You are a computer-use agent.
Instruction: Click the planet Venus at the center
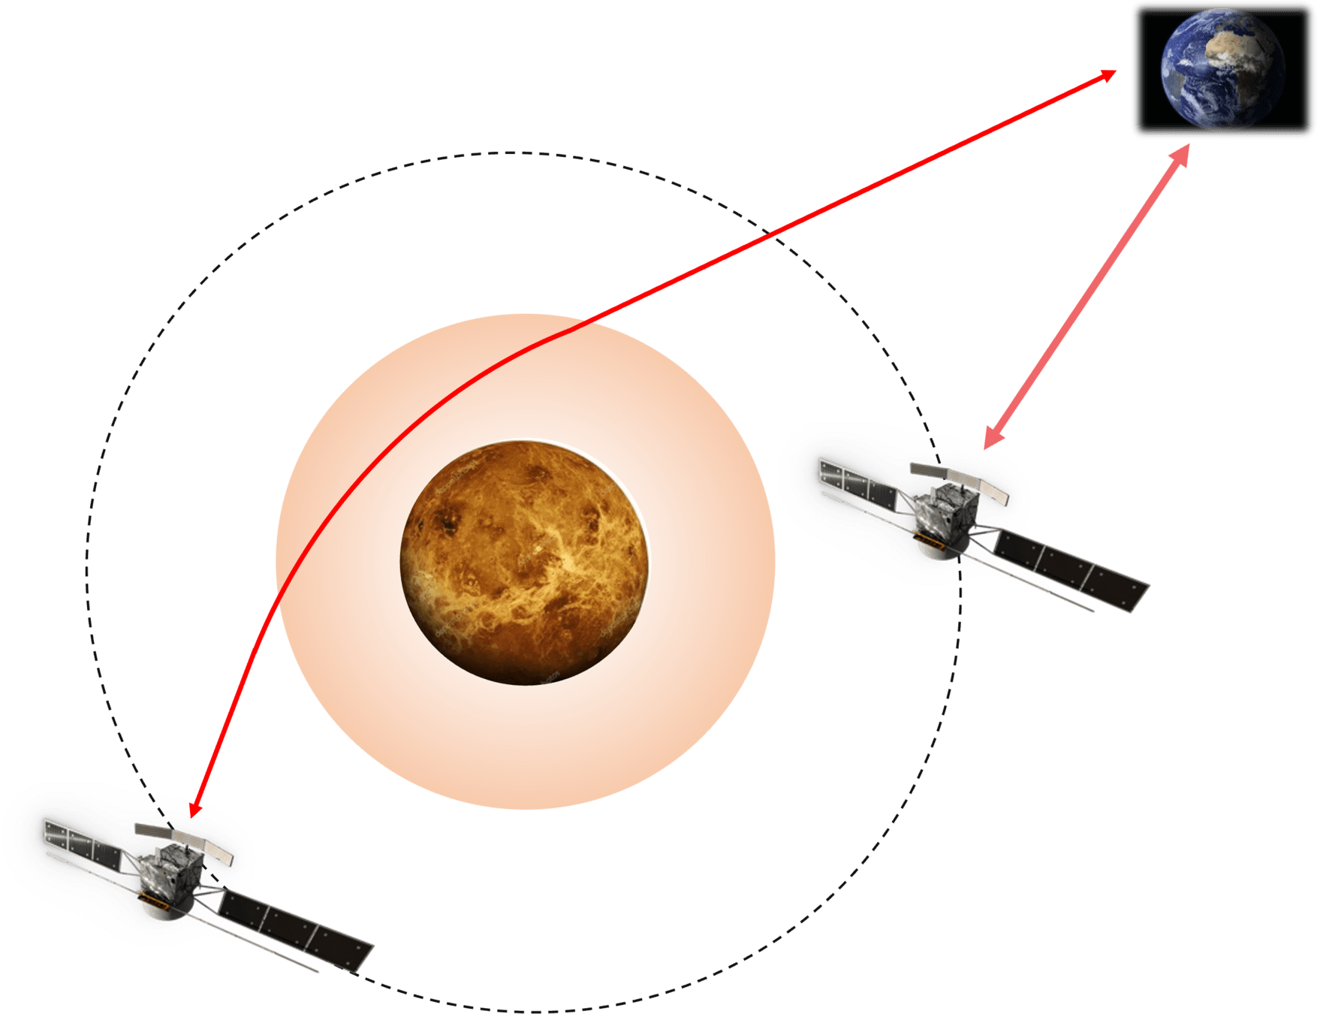524,562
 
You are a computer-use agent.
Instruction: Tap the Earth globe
1222,70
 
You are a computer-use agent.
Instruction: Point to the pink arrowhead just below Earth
1182,153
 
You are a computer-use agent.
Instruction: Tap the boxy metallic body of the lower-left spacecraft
171,876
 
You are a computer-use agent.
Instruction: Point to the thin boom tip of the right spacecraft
1093,612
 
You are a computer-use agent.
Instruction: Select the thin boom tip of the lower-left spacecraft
318,973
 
